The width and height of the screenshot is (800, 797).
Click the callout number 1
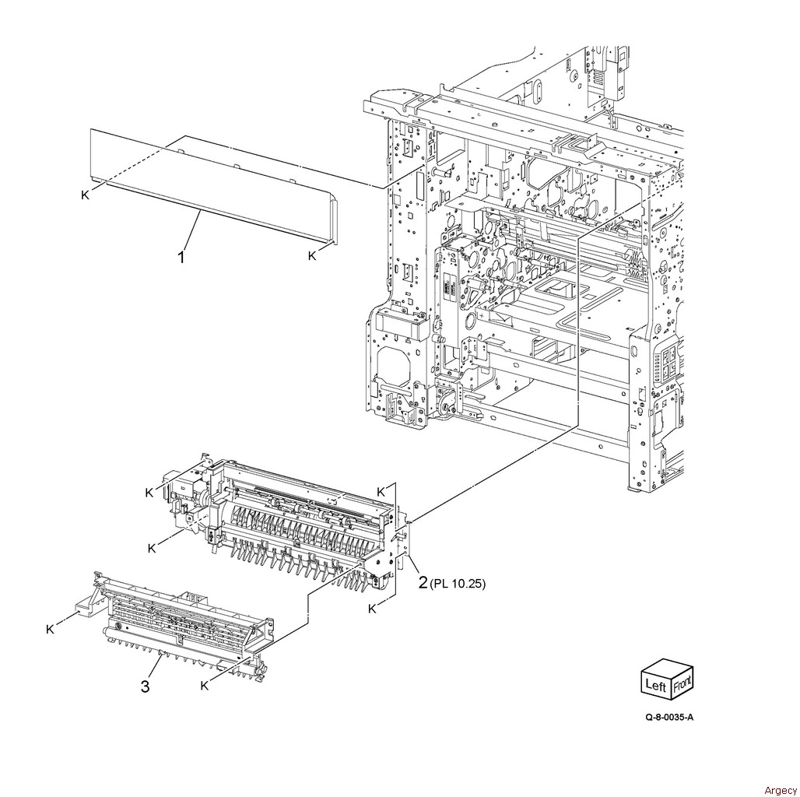181,257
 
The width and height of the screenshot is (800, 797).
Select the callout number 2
423,582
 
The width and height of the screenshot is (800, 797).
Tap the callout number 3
146,686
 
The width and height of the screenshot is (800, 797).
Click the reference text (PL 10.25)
458,583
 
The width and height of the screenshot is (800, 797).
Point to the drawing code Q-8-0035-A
669,717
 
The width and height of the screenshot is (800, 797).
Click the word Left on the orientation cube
655,683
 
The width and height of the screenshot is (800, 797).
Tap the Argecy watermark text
780,790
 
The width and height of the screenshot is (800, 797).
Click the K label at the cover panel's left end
85,195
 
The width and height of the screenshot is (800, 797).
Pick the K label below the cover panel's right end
312,255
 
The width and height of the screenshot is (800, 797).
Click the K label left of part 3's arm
50,629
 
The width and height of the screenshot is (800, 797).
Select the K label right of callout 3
204,685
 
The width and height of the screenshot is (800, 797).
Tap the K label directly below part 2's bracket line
373,609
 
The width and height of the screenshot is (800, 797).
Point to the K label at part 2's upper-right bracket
381,492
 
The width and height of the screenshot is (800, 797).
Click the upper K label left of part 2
149,493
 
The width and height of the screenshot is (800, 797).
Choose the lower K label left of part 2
152,549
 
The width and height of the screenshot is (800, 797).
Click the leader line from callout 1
191,231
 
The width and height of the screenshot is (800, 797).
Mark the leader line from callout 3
155,667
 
